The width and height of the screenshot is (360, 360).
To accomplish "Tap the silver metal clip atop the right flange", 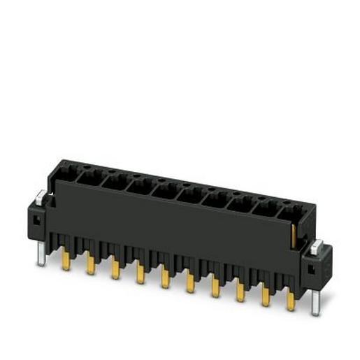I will coord(317,245).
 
